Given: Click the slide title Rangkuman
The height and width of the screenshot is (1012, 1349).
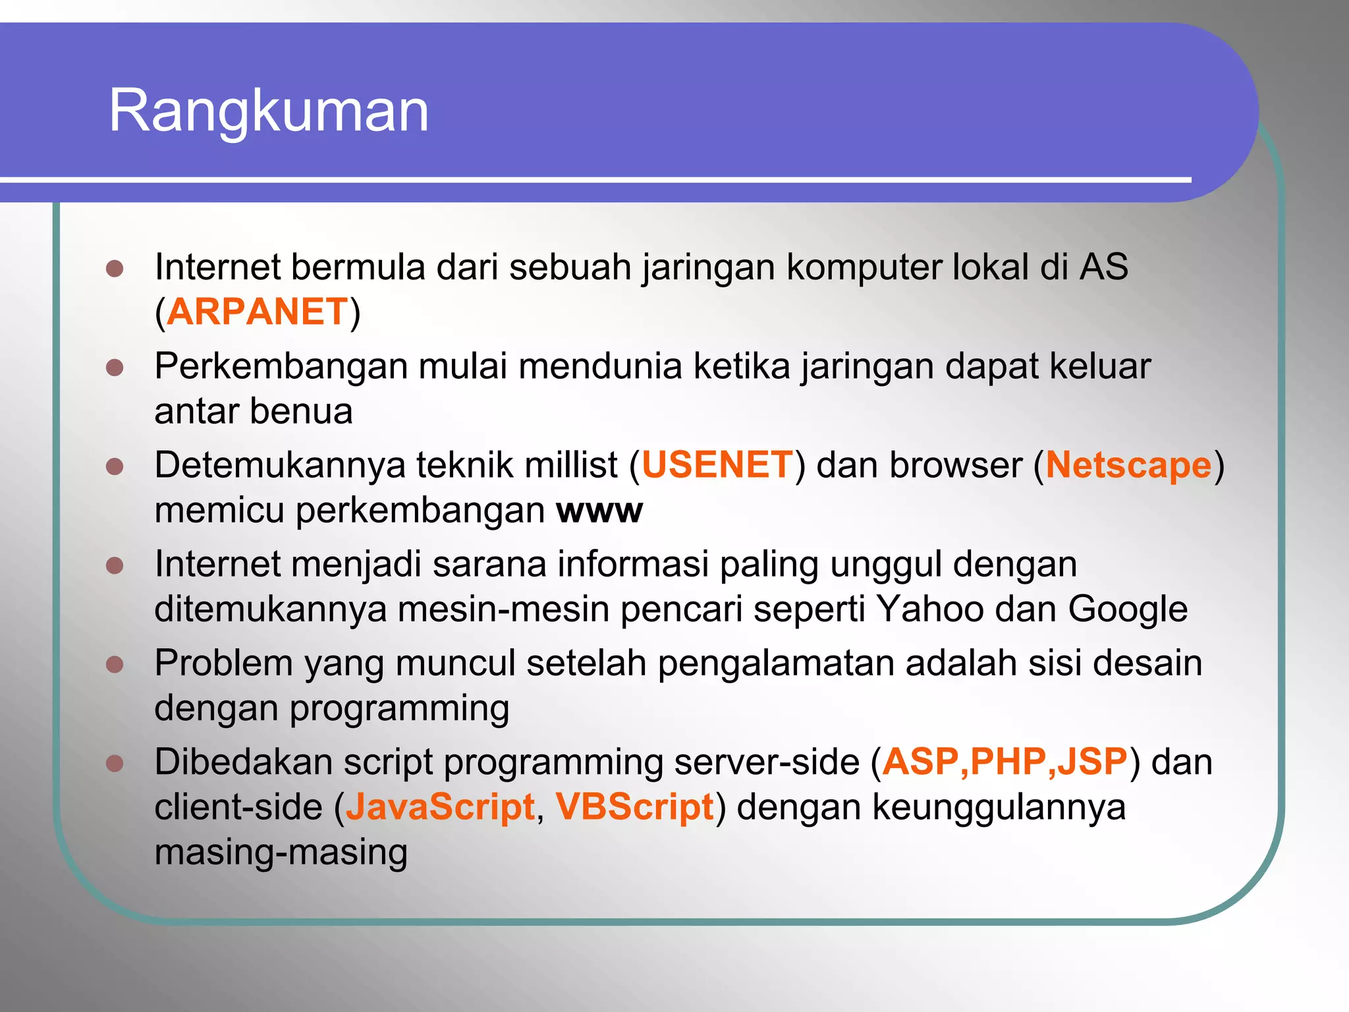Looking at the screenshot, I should pyautogui.click(x=269, y=111).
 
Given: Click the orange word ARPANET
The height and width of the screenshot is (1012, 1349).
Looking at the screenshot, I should pyautogui.click(x=257, y=312).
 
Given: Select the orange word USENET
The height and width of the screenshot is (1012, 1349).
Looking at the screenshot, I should pyautogui.click(x=717, y=464).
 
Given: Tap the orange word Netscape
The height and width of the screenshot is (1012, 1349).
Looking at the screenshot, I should pyautogui.click(x=1128, y=464).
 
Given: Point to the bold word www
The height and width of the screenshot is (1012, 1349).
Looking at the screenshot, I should pyautogui.click(x=599, y=511).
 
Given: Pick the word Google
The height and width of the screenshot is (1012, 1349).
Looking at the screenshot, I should pyautogui.click(x=1127, y=609).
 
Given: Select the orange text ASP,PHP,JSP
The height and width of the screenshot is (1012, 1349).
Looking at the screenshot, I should pyautogui.click(x=1005, y=762).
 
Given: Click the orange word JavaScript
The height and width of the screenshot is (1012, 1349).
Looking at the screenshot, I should pyautogui.click(x=440, y=807).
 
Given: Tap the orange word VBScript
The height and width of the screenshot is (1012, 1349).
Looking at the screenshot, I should pyautogui.click(x=634, y=807).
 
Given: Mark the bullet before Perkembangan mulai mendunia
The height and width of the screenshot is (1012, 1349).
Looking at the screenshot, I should pyautogui.click(x=115, y=368).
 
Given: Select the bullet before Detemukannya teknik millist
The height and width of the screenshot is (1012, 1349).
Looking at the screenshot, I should pyautogui.click(x=115, y=466).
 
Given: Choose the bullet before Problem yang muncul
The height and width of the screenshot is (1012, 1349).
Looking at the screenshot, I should pyautogui.click(x=115, y=664).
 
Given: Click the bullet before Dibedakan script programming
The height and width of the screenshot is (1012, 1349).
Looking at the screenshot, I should pyautogui.click(x=115, y=763).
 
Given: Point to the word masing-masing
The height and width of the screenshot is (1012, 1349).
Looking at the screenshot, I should pyautogui.click(x=281, y=853).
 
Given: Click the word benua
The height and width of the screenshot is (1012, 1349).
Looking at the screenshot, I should pyautogui.click(x=301, y=411).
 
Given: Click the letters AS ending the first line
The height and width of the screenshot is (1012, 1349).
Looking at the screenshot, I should pyautogui.click(x=1103, y=267).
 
